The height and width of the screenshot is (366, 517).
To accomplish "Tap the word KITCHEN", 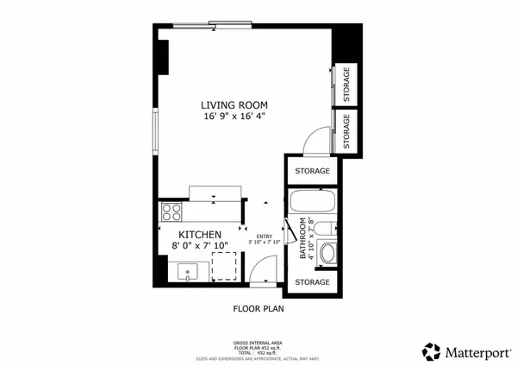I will pyautogui.click(x=200, y=235).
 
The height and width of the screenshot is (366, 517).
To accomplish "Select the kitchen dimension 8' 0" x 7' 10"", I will pyautogui.click(x=200, y=246).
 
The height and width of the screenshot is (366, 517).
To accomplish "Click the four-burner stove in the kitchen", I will pyautogui.click(x=171, y=212).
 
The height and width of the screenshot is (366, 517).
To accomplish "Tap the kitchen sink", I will pyautogui.click(x=187, y=273).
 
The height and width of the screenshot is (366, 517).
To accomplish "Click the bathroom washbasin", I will pyautogui.click(x=327, y=255).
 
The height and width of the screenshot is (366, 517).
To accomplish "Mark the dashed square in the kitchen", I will pyautogui.click(x=224, y=267).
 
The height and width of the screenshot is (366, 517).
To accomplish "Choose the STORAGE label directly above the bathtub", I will pyautogui.click(x=312, y=171).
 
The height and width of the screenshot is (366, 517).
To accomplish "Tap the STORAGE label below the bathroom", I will pyautogui.click(x=312, y=282).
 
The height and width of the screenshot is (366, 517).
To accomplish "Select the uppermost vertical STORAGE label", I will pyautogui.click(x=346, y=84).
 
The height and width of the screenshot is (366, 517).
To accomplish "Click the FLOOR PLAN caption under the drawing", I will pyautogui.click(x=258, y=307).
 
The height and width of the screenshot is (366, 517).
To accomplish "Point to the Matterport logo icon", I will pyautogui.click(x=431, y=351).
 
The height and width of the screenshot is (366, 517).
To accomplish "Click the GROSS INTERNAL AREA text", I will pyautogui.click(x=258, y=343).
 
